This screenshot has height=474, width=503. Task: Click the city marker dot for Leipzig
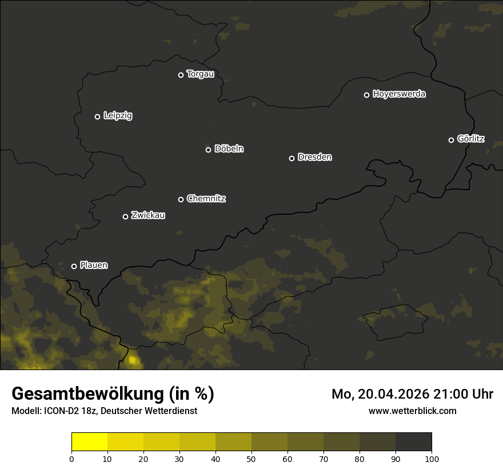(x=97, y=117)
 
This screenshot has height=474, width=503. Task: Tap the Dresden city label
(x=314, y=157)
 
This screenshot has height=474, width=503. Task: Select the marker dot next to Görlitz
(x=451, y=140)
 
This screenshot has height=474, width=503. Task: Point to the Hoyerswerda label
(x=399, y=94)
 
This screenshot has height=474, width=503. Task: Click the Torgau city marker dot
(x=181, y=75)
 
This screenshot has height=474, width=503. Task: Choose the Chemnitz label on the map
(x=206, y=199)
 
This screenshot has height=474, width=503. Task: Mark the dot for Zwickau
(x=125, y=216)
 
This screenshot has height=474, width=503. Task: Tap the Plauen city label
(x=94, y=266)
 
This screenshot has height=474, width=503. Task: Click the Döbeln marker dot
(x=208, y=150)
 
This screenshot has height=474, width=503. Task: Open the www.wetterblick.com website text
(x=413, y=411)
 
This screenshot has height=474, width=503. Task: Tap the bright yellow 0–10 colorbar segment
(x=89, y=442)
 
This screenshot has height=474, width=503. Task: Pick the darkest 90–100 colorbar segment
(x=413, y=442)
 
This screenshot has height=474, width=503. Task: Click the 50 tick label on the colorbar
(x=251, y=459)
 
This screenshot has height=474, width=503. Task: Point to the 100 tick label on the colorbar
(x=432, y=459)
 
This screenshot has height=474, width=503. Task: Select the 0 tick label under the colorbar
(x=71, y=459)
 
